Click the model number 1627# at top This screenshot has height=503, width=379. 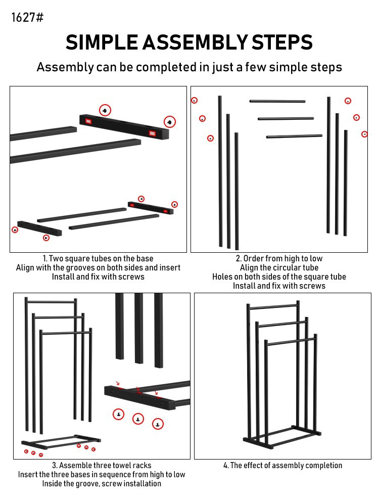point(27,18)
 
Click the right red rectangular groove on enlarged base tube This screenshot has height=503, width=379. point(152,133)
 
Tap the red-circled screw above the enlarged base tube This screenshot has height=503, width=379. point(105,110)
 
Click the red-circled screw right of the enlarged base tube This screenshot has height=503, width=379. point(170,122)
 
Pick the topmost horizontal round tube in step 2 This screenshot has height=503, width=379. point(277,101)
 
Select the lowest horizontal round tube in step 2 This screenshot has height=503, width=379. point(294,136)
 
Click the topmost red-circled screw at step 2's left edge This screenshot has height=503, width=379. point(194,101)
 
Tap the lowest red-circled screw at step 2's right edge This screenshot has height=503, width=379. point(365,134)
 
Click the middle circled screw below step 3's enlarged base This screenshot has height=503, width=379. point(138,419)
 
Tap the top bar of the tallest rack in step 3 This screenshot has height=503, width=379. point(51,302)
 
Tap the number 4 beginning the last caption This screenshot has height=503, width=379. point(225,466)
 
